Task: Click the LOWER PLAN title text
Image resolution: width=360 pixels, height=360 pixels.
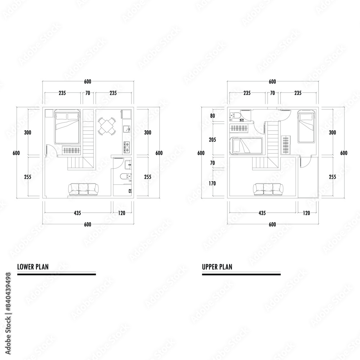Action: [33, 267]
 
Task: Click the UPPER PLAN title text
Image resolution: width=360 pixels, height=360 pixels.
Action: [217, 267]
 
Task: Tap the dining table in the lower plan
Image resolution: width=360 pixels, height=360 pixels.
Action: [107, 126]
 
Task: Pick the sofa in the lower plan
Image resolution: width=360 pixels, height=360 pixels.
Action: [83, 189]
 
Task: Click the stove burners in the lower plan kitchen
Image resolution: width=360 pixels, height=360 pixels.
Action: [127, 145]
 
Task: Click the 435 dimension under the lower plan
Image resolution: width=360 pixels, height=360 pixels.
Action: [77, 213]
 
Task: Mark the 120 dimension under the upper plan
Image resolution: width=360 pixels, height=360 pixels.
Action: [306, 213]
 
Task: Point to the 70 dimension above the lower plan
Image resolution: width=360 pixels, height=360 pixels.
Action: [87, 93]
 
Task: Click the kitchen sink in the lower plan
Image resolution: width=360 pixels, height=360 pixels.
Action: [126, 129]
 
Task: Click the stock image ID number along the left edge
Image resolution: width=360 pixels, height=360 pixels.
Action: [9, 291]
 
